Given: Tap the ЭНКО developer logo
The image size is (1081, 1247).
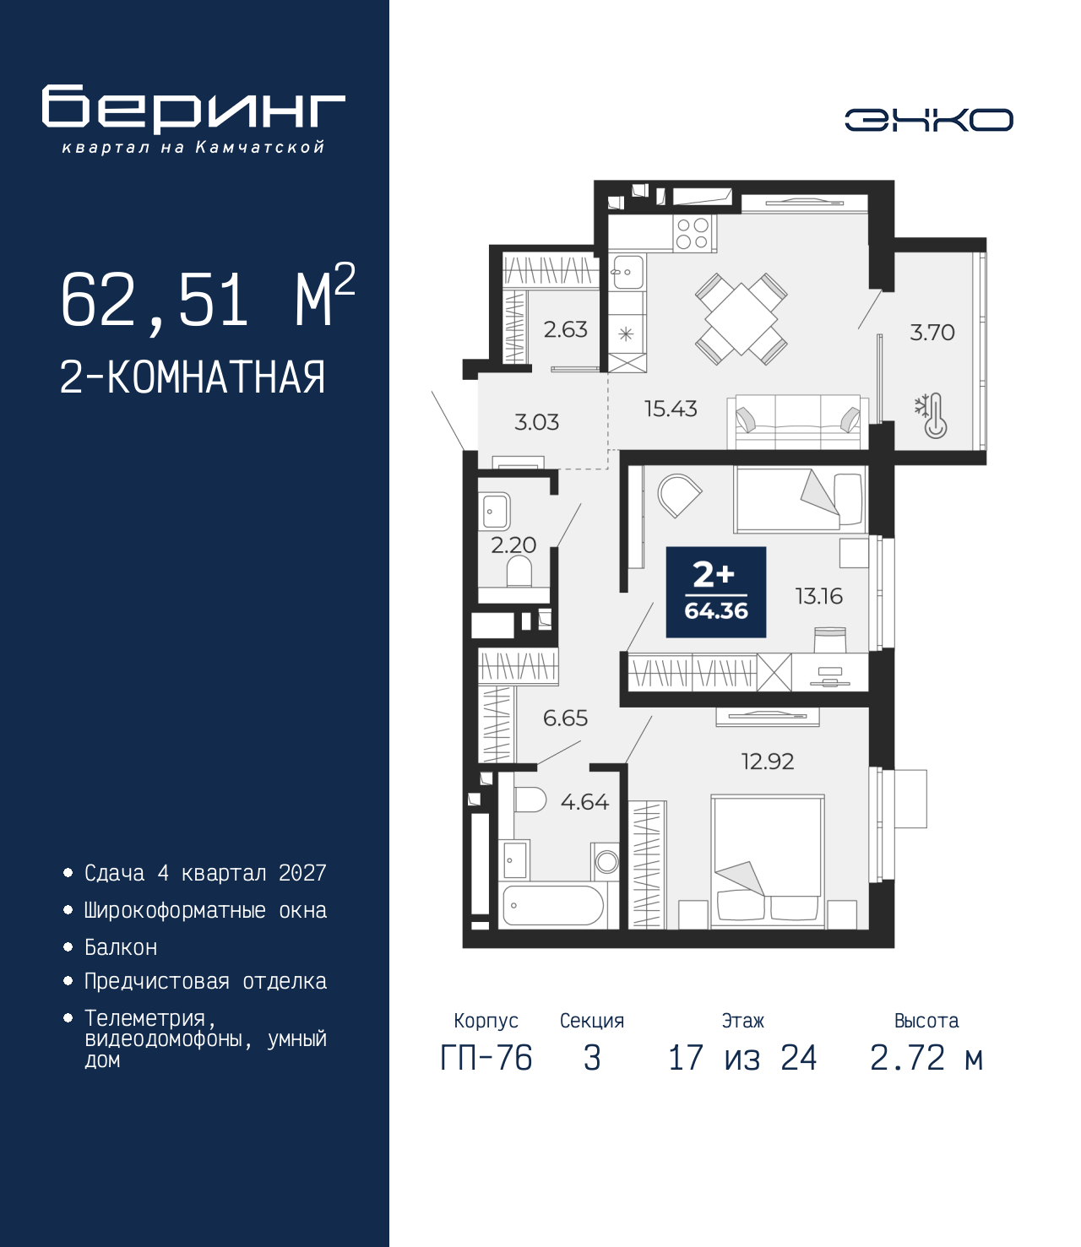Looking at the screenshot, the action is point(928,120).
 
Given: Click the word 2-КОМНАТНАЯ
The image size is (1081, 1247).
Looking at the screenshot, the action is point(193,377).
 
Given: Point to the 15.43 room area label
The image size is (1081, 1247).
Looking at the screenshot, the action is point(671,409).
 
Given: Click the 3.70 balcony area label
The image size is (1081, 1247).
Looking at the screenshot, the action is point(932,333).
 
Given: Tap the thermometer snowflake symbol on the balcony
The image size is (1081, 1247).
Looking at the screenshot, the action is point(930,415).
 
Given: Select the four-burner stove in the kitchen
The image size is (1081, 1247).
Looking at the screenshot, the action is point(693,234).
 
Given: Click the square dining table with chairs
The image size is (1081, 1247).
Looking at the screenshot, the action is point(741,319).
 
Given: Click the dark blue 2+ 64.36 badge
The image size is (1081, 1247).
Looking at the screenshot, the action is point(716,592).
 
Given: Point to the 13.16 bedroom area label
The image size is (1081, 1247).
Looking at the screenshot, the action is point(818,596).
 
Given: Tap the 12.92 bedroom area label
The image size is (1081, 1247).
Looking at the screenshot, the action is point(768,762).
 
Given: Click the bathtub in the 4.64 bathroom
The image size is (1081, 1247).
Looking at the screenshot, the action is point(551,905).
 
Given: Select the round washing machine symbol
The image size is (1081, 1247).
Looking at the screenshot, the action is point(606,861).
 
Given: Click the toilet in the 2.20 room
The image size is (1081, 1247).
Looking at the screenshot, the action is point(519,571).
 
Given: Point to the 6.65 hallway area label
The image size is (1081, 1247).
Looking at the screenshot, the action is point(565,718).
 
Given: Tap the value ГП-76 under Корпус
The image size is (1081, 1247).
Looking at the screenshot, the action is point(486,1058).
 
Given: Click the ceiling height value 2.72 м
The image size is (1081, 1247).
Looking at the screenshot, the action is point(926,1058).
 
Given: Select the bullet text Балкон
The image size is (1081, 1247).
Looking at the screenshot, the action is point(121,947).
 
